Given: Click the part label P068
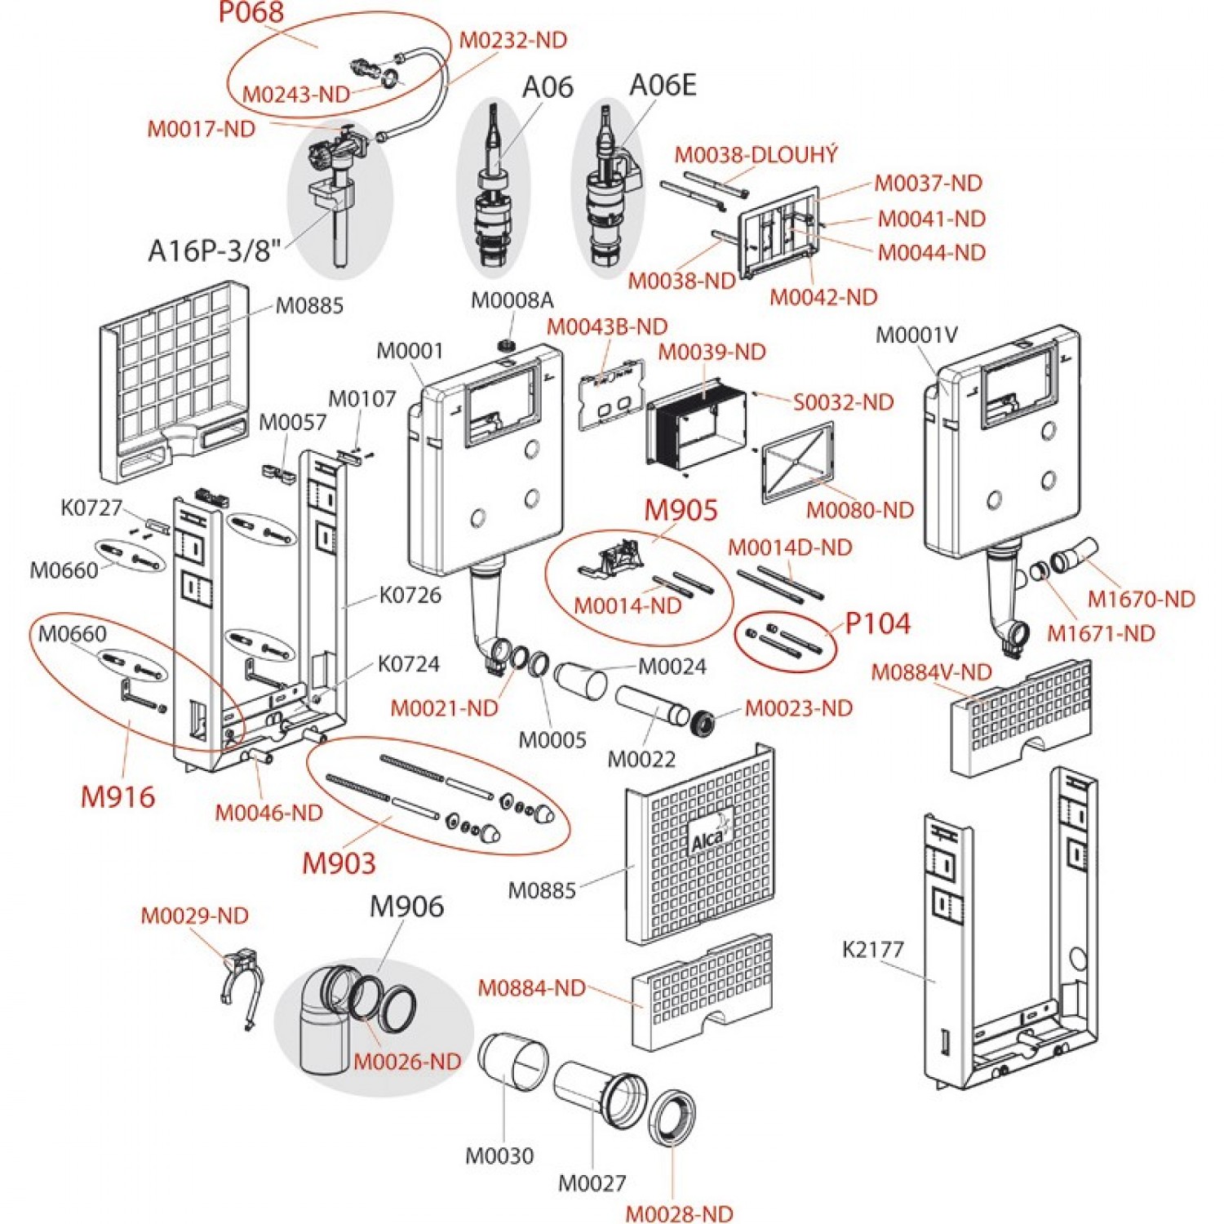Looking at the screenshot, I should pyautogui.click(x=251, y=12).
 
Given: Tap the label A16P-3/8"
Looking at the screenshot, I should pyautogui.click(x=215, y=251).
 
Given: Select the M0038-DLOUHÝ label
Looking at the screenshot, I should pyautogui.click(x=756, y=155).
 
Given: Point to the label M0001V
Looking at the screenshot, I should pyautogui.click(x=916, y=335).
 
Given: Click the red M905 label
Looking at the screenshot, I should pyautogui.click(x=681, y=511).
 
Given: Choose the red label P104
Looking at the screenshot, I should pyautogui.click(x=877, y=623).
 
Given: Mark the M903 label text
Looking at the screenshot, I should pyautogui.click(x=339, y=863).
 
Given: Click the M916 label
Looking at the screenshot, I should pyautogui.click(x=118, y=797).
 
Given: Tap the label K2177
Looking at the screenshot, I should pyautogui.click(x=873, y=949).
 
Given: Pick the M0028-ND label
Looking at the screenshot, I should pyautogui.click(x=679, y=1213).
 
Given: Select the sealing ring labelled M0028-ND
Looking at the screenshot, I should pyautogui.click(x=672, y=1115).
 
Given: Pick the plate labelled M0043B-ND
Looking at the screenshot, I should pyautogui.click(x=611, y=392).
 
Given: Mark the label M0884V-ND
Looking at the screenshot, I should pyautogui.click(x=931, y=672).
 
